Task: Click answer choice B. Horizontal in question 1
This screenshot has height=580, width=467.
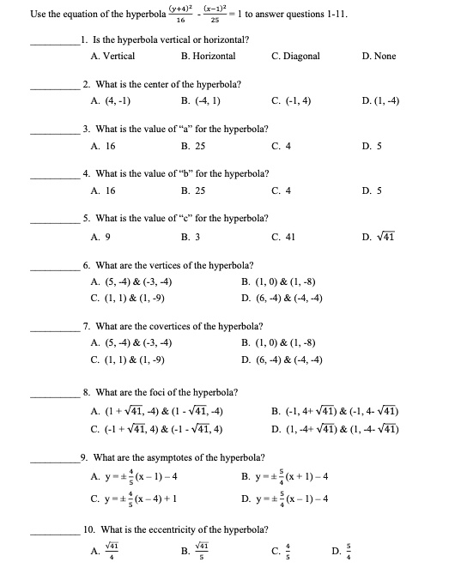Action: pos(209,56)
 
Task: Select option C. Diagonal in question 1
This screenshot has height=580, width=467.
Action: pos(295,56)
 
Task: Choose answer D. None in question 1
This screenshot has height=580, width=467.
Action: pos(379,56)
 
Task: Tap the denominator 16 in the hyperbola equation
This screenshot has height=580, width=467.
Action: pos(180,21)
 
